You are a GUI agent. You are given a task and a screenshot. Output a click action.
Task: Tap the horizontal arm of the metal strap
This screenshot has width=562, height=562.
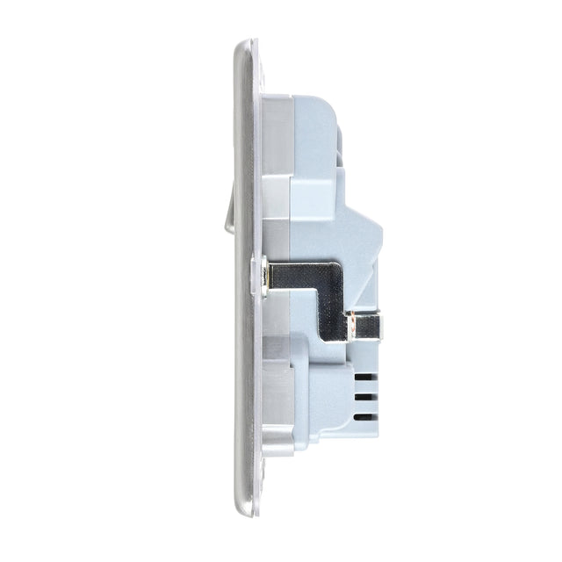(299, 274)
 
